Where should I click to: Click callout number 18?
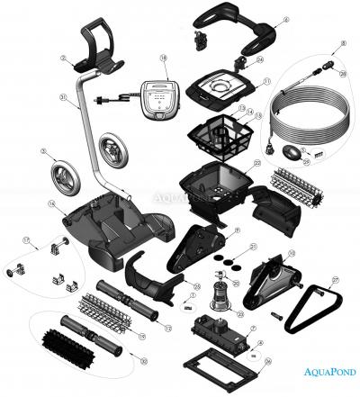pos(164,57)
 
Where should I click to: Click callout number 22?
pos(257,163)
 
